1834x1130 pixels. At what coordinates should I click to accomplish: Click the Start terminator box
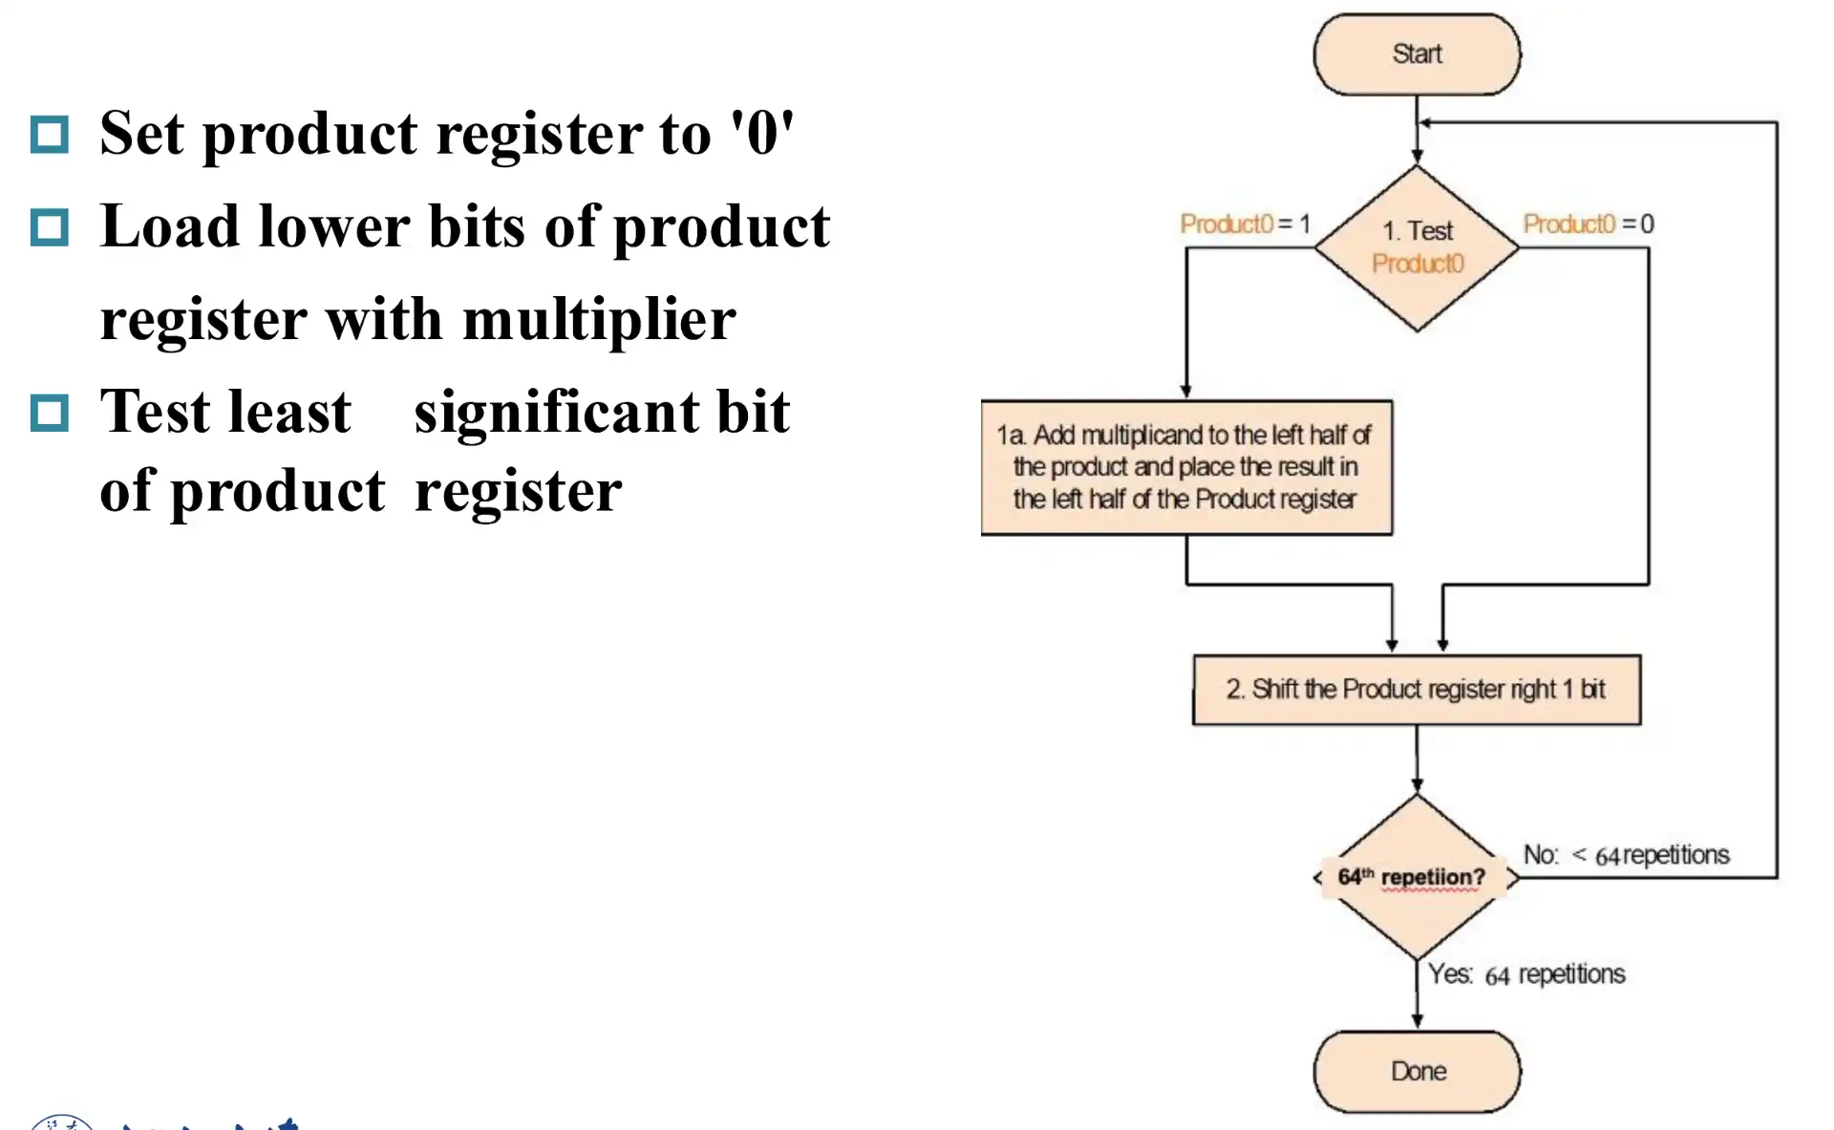pyautogui.click(x=1417, y=54)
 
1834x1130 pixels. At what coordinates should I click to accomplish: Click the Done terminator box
pyautogui.click(x=1417, y=1071)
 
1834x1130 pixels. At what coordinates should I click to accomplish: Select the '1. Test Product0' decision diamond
pyautogui.click(x=1417, y=248)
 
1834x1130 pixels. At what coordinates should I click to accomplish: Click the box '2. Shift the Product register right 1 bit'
pyautogui.click(x=1417, y=690)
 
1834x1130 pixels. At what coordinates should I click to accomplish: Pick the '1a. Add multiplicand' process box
pyautogui.click(x=1186, y=467)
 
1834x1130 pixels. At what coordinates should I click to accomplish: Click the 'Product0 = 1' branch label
pyautogui.click(x=1245, y=224)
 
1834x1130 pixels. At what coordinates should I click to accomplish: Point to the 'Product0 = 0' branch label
pyautogui.click(x=1588, y=224)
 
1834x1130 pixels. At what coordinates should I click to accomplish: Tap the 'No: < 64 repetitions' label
pyautogui.click(x=1626, y=855)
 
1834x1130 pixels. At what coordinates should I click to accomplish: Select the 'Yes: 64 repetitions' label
pyautogui.click(x=1526, y=974)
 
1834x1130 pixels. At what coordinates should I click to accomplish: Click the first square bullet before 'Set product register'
pyautogui.click(x=50, y=135)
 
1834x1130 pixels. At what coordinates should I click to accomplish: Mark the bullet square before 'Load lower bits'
pyautogui.click(x=50, y=227)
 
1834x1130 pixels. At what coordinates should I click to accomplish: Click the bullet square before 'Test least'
pyautogui.click(x=50, y=413)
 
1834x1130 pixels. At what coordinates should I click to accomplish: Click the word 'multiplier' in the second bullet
pyautogui.click(x=599, y=319)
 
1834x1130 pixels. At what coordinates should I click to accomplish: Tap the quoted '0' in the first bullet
pyautogui.click(x=762, y=133)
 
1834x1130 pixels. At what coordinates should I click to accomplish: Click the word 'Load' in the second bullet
pyautogui.click(x=169, y=227)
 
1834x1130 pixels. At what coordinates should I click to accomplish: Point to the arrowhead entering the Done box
pyautogui.click(x=1417, y=1021)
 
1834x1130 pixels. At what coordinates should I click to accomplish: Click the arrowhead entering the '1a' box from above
pyautogui.click(x=1186, y=391)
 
